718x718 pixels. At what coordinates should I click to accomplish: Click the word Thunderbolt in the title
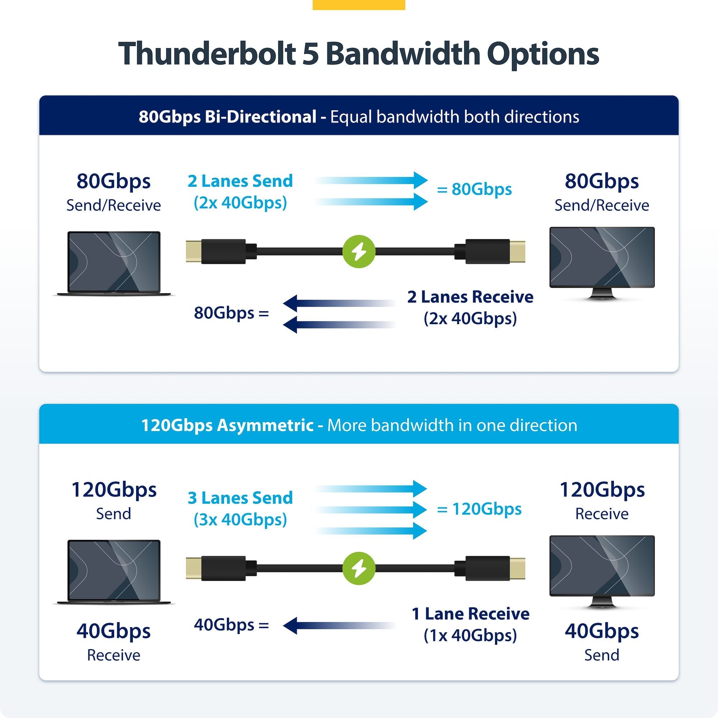click(x=208, y=54)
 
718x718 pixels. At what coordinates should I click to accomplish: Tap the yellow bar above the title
click(x=359, y=5)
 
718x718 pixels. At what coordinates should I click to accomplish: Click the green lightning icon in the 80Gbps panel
click(x=359, y=252)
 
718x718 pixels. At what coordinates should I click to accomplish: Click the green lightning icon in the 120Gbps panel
click(x=359, y=569)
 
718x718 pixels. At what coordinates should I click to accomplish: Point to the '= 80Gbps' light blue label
click(x=474, y=189)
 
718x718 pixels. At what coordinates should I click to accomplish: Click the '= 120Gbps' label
click(x=479, y=509)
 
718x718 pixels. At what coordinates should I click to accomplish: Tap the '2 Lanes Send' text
click(x=240, y=181)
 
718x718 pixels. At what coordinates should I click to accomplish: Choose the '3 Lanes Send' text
click(x=240, y=498)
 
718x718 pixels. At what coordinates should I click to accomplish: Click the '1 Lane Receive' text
click(x=471, y=614)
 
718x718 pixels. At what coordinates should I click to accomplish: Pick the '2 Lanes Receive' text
click(x=471, y=297)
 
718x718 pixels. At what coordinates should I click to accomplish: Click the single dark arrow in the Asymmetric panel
click(x=339, y=625)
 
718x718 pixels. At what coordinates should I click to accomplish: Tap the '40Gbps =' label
click(x=231, y=625)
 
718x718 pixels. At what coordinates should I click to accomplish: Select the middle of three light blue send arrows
click(x=371, y=509)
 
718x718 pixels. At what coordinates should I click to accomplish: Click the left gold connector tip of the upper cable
click(x=194, y=252)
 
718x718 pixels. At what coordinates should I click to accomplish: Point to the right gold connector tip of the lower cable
click(x=517, y=569)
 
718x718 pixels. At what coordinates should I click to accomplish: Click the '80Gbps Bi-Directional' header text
click(x=228, y=117)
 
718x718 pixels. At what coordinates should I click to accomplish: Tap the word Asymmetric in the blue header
click(x=265, y=425)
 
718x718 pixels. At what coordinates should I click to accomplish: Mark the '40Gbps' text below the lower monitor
click(x=602, y=631)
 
